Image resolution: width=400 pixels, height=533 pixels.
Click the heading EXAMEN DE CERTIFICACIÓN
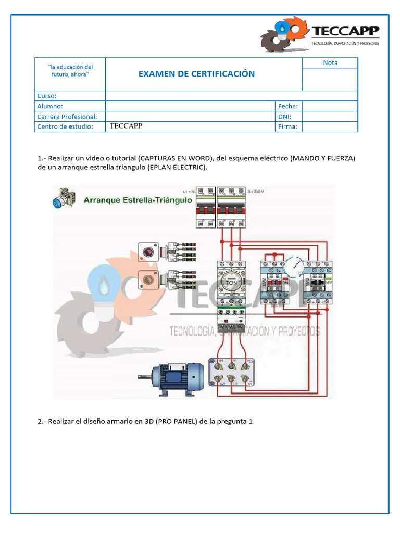[x=196, y=74]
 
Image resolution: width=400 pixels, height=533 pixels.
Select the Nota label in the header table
[x=330, y=62]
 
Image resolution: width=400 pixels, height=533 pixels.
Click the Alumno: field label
[x=50, y=106]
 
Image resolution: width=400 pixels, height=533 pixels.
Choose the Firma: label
[x=288, y=126]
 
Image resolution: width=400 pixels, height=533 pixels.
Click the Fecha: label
[x=288, y=106]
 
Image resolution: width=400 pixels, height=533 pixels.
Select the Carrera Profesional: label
[x=67, y=117]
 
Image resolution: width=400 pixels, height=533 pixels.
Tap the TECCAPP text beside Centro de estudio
[x=126, y=126]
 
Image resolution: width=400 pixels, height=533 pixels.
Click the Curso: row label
[x=47, y=96]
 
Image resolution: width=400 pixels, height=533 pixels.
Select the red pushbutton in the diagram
[x=148, y=252]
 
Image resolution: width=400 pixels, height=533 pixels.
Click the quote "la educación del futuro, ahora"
[x=70, y=71]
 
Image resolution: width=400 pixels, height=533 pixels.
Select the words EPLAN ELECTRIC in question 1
[x=176, y=168]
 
